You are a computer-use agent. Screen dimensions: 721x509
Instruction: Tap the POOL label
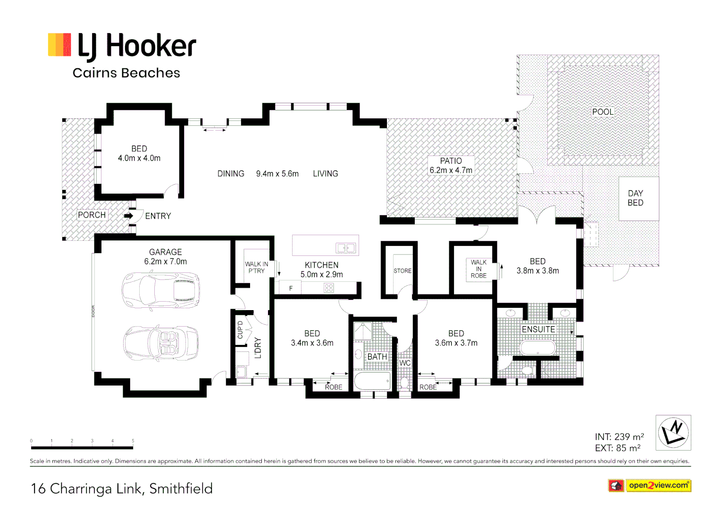[603, 112]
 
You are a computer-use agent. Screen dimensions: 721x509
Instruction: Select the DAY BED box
[638, 198]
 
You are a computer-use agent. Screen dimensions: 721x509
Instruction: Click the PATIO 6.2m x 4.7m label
[451, 165]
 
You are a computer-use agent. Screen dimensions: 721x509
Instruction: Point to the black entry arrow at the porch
[128, 216]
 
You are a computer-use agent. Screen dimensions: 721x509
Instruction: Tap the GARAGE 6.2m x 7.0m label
[166, 256]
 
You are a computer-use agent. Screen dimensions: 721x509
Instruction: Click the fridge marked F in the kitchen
[290, 287]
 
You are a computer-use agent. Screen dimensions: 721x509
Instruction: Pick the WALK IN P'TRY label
[257, 267]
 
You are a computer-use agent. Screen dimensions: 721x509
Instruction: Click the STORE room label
[402, 271]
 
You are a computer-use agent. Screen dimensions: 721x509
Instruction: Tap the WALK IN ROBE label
[478, 269]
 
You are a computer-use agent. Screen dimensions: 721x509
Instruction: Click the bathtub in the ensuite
[537, 347]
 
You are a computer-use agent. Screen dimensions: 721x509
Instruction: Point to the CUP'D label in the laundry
[240, 329]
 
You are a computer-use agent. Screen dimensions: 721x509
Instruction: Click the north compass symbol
[673, 433]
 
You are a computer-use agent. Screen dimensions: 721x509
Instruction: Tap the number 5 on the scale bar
[133, 441]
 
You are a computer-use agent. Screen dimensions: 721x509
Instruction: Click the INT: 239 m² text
[619, 436]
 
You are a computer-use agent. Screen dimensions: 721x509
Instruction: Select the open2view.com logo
[650, 485]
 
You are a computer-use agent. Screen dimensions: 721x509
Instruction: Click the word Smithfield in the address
[181, 489]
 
